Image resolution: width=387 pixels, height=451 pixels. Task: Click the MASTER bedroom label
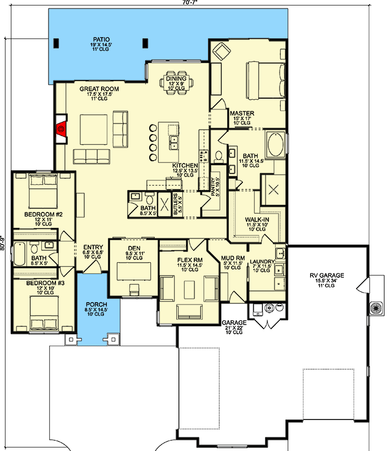242,113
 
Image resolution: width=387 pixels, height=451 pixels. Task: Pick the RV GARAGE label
327,276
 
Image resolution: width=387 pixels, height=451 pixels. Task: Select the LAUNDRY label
262,262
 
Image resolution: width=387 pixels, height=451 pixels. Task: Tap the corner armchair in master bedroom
220,53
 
